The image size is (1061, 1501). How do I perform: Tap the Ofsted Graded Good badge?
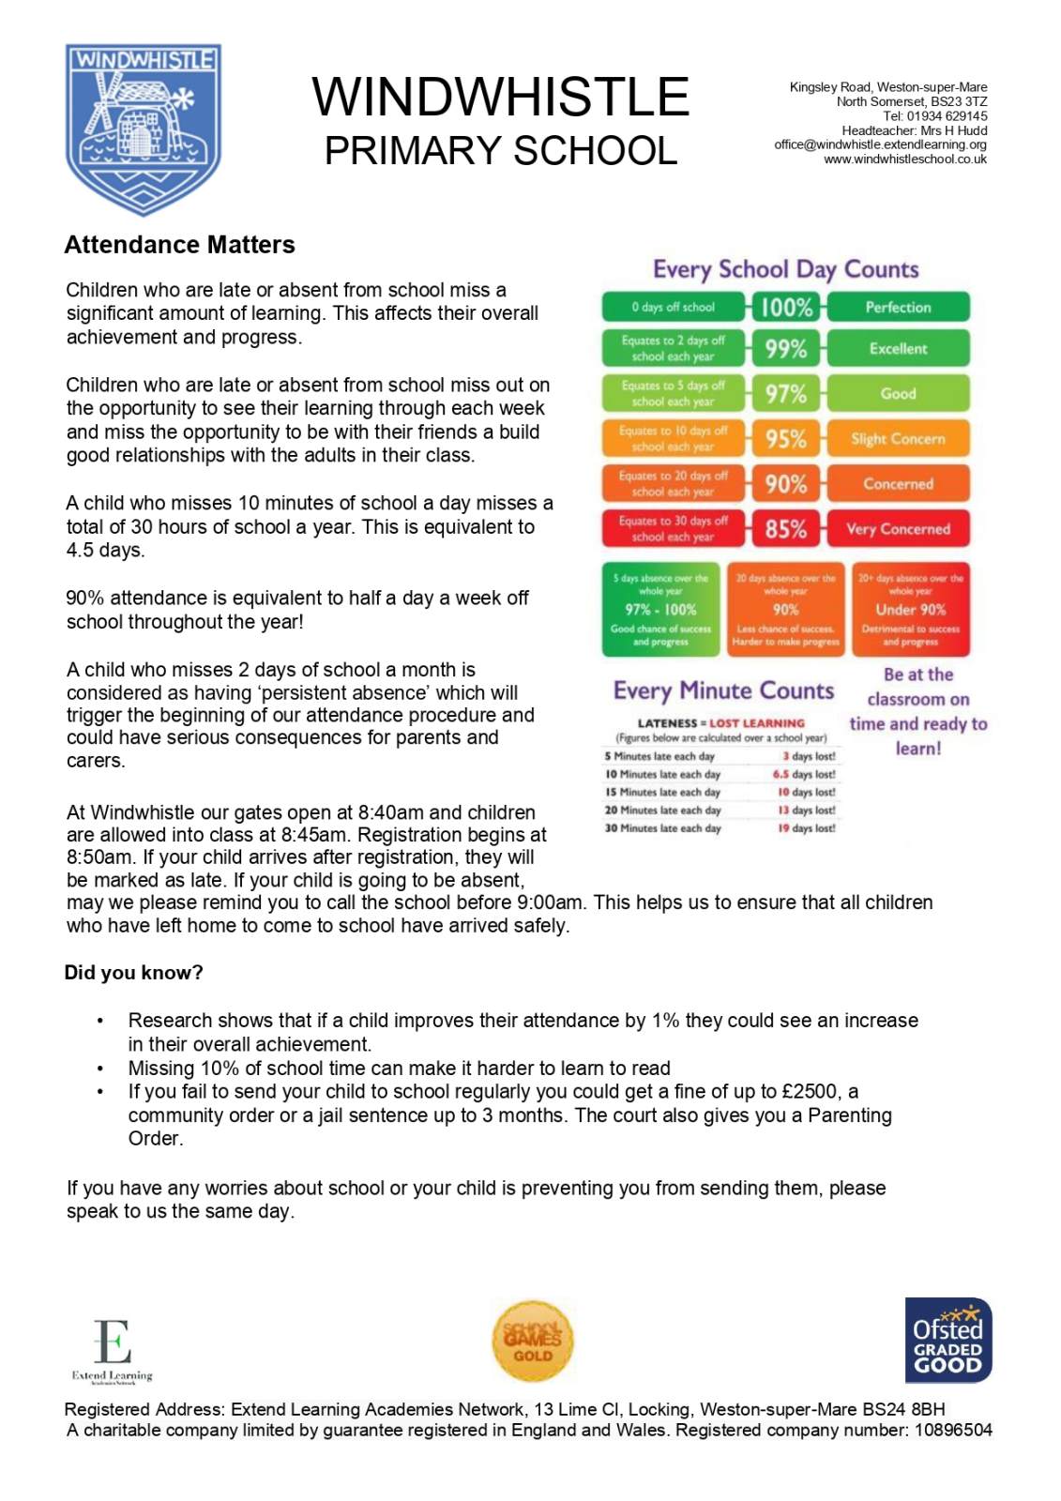947,1340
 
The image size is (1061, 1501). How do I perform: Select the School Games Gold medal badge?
532,1342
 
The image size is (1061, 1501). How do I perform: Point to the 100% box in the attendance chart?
786,307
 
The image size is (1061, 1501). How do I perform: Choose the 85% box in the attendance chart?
786,529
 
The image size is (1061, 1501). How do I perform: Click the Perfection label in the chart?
898,307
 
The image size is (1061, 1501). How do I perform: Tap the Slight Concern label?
898,438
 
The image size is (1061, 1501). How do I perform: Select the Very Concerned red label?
898,529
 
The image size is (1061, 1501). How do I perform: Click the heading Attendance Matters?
179,245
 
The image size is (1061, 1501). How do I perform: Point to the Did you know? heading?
133,973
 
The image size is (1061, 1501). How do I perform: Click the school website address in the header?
905,159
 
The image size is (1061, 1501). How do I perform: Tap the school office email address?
880,144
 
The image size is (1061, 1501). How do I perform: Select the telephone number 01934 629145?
947,116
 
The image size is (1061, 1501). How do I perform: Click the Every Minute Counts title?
723,691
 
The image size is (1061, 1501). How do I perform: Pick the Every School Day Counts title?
785,270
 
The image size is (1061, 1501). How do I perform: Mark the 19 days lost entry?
806,828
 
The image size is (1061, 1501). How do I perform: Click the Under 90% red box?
910,610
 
